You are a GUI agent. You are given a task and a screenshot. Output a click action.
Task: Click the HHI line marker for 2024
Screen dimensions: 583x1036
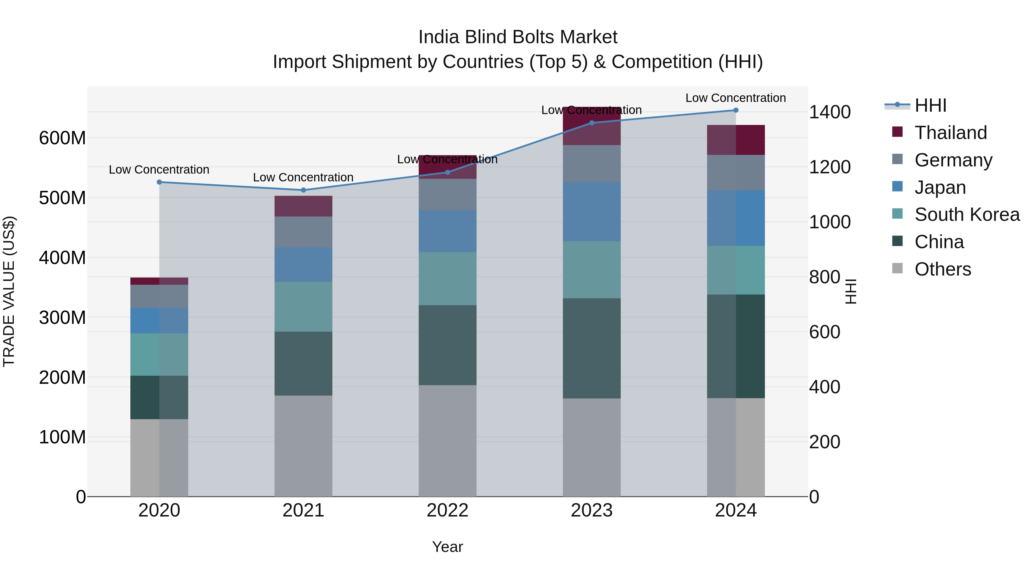[x=736, y=110]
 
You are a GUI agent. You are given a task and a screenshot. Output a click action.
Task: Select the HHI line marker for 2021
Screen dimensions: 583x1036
[x=303, y=190]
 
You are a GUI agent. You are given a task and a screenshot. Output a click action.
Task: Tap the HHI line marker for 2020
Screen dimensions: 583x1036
[x=159, y=182]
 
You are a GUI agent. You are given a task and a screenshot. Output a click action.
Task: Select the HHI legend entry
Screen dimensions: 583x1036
[x=930, y=105]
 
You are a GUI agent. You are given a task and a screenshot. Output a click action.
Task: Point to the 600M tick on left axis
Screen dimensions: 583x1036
[x=62, y=138]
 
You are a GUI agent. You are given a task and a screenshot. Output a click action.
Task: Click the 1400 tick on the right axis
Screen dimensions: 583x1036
[x=829, y=112]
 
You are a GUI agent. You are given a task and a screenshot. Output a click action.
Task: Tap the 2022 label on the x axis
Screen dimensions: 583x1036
[x=447, y=510]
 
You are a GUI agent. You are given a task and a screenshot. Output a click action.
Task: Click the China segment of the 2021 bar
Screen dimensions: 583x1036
[x=303, y=363]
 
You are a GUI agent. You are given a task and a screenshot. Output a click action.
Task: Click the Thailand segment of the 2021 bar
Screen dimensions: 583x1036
[x=303, y=206]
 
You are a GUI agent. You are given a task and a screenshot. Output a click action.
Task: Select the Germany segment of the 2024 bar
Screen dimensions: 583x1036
[x=736, y=173]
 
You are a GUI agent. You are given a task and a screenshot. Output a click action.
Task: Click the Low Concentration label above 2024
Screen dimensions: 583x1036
[x=735, y=98]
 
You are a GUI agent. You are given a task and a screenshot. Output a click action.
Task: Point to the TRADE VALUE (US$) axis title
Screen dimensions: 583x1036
[x=9, y=291]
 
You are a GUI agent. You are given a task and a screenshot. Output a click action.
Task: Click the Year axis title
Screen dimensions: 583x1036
[x=447, y=547]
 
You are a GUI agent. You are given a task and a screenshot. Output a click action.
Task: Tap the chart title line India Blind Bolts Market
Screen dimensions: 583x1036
[x=518, y=37]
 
